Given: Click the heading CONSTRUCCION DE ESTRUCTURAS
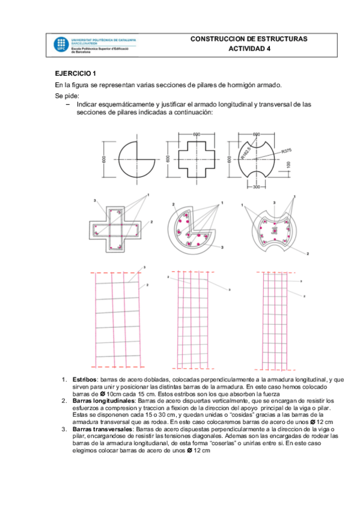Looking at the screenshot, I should click(x=248, y=38).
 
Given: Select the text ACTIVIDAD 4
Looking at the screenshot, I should click(x=249, y=49).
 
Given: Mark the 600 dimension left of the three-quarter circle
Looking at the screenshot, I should click(x=103, y=159).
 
